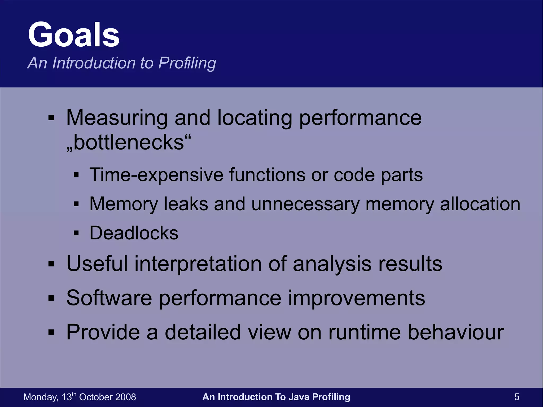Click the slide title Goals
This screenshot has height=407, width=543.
(74, 35)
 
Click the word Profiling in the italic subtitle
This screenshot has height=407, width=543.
(187, 63)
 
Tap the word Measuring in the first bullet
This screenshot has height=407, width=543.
(117, 118)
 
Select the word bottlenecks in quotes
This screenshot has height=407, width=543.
(129, 142)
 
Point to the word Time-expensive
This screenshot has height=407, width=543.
(156, 175)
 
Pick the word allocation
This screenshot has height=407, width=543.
(480, 204)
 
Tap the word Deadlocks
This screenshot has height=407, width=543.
(134, 233)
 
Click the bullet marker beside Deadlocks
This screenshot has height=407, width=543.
(76, 233)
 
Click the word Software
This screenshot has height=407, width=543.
(109, 298)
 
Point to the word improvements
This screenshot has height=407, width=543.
(356, 298)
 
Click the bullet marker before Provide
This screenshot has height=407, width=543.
(51, 332)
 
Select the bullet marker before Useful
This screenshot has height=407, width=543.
(51, 264)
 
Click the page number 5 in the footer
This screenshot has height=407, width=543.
(517, 397)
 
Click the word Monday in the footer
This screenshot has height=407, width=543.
(40, 397)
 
